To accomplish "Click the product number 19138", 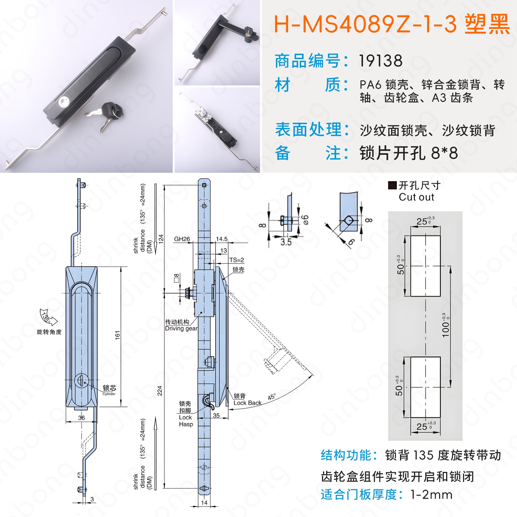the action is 380,60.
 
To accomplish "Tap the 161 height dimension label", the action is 118,335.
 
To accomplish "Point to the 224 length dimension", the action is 159,391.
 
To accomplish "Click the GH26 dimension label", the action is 182,239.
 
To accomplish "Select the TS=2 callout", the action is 237,260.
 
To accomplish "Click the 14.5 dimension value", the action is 222,239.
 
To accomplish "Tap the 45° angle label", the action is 272,397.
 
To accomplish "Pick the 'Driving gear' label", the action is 181,328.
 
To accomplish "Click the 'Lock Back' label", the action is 247,403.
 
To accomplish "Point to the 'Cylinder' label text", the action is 109,394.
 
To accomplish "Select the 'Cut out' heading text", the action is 416,197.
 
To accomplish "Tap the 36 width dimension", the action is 81,418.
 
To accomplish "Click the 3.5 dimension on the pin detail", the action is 286,242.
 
